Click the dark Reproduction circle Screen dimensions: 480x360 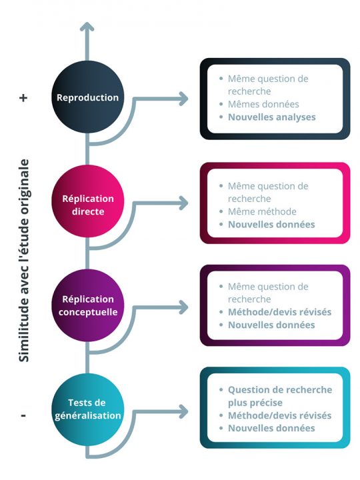(x=87, y=97)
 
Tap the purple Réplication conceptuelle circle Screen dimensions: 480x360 (x=87, y=306)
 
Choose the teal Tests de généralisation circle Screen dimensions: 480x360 (x=87, y=408)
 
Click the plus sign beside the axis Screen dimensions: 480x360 (x=23, y=97)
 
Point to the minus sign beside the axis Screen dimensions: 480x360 (x=23, y=415)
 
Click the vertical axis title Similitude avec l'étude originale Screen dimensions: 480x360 (x=24, y=260)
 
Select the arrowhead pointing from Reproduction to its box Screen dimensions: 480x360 (x=183, y=99)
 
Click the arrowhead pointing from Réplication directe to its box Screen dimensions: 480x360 (x=183, y=202)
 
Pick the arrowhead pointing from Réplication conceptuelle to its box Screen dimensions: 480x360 (x=183, y=306)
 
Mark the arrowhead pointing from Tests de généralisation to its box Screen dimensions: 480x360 (x=183, y=410)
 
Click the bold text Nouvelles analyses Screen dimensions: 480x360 (x=271, y=117)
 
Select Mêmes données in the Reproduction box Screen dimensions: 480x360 (x=263, y=104)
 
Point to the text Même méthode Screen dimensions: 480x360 (x=262, y=212)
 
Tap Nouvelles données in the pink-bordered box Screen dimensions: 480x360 (x=271, y=225)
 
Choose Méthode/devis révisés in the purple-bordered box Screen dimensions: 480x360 (x=279, y=312)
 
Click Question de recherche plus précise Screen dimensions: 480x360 (x=279, y=396)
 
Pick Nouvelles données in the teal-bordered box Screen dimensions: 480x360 (x=271, y=428)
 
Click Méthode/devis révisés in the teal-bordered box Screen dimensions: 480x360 (x=279, y=415)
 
